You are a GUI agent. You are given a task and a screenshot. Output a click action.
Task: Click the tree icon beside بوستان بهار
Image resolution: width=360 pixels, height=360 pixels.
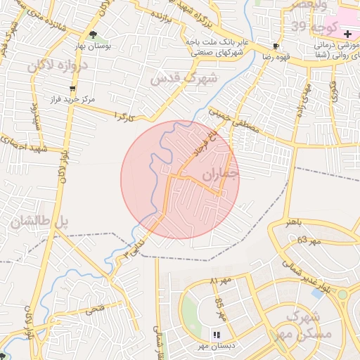(94, 34)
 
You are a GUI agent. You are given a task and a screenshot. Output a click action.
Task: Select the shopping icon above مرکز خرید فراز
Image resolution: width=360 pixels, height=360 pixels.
(72, 89)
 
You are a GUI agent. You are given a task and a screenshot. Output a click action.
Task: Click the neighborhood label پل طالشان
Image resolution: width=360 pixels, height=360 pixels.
(41, 221)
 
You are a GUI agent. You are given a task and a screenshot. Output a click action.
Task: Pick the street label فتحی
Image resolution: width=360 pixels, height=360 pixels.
(94, 308)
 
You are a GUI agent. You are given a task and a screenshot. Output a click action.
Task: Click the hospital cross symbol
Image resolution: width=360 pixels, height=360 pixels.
(347, 34)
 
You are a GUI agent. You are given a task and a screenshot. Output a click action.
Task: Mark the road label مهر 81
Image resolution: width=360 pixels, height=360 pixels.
(220, 281)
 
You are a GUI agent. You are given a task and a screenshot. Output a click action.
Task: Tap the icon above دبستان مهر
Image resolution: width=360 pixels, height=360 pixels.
(217, 335)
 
